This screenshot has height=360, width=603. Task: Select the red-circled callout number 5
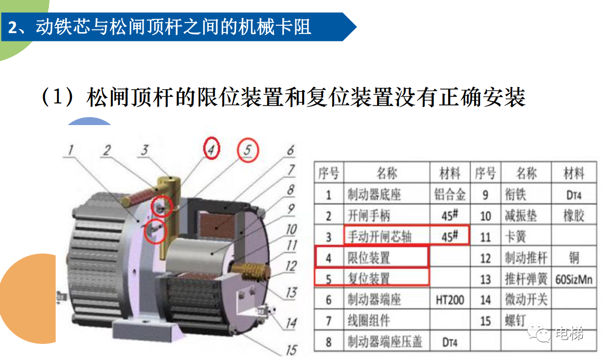click(x=247, y=150)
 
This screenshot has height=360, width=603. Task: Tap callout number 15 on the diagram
click(x=291, y=349)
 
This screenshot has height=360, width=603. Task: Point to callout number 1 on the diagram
click(x=71, y=150)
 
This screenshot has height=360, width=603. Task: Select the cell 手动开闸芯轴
click(x=379, y=236)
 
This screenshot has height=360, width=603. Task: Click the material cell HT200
click(x=450, y=300)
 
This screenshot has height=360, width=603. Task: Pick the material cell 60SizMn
click(x=574, y=279)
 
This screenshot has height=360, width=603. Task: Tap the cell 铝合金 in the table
click(x=450, y=194)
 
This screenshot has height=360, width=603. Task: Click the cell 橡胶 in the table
click(x=574, y=216)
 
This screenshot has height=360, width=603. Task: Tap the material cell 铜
click(x=574, y=258)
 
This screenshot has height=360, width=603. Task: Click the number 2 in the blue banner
click(x=13, y=28)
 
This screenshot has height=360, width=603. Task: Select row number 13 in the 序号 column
click(x=485, y=279)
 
